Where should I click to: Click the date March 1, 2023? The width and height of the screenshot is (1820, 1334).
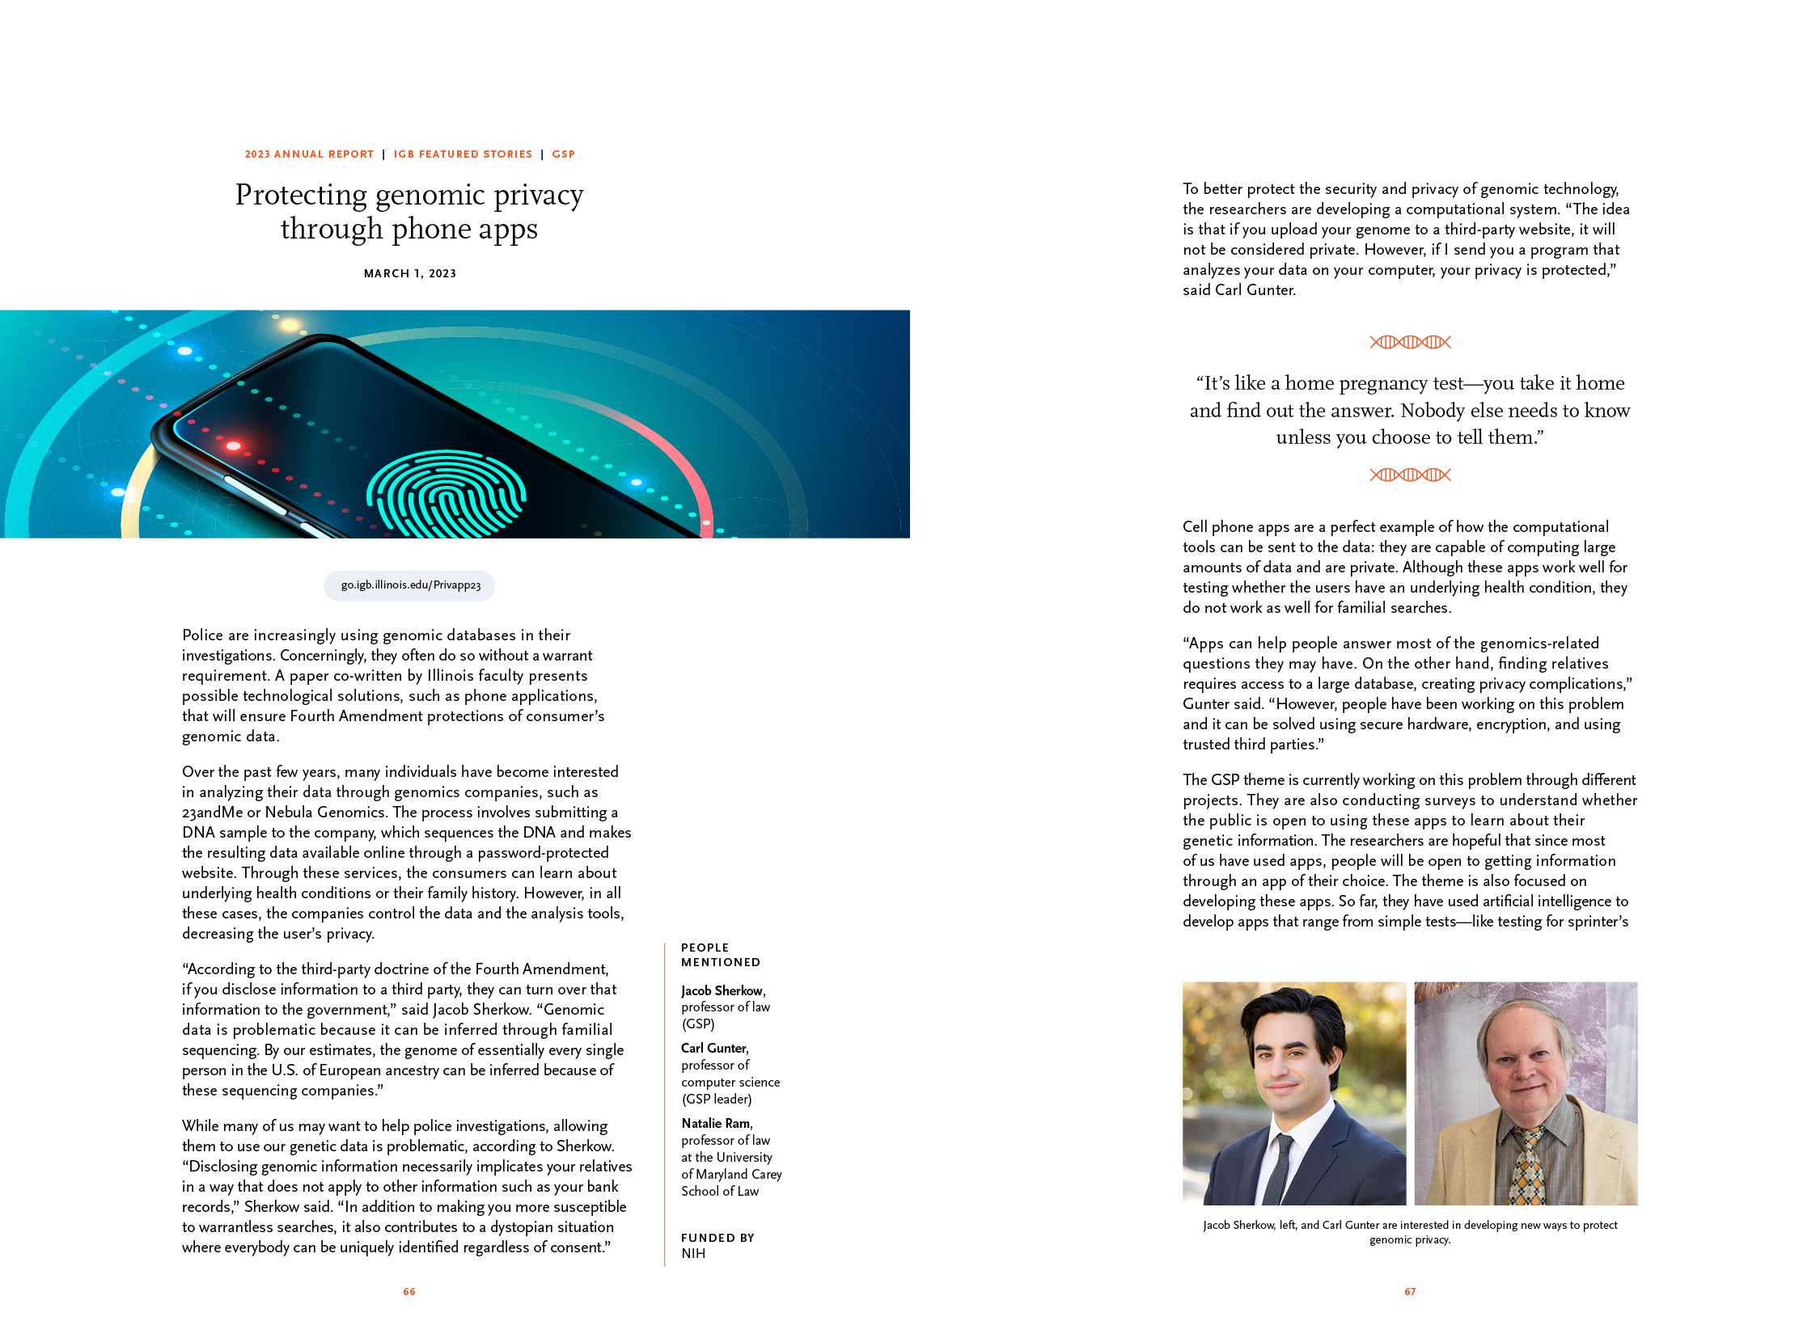click(x=410, y=273)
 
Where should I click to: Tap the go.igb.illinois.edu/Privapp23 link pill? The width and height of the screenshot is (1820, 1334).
click(x=410, y=585)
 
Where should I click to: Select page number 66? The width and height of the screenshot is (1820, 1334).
click(x=409, y=1292)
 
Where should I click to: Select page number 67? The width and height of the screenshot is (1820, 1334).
click(x=1410, y=1292)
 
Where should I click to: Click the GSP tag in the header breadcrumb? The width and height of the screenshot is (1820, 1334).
click(x=563, y=154)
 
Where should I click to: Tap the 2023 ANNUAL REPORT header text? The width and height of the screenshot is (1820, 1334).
click(x=309, y=154)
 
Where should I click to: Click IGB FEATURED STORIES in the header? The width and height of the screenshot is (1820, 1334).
click(x=463, y=154)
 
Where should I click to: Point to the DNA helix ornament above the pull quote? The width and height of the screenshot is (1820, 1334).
click(x=1410, y=342)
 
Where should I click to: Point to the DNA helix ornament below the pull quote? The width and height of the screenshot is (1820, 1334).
click(x=1410, y=475)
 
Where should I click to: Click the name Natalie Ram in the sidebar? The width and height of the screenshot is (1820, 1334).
click(x=715, y=1123)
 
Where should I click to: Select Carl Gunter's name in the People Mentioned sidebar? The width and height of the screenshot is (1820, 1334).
click(x=713, y=1048)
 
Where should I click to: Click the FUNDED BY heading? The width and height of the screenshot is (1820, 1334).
click(x=717, y=1238)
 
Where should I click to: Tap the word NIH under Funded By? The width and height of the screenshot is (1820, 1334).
click(x=693, y=1253)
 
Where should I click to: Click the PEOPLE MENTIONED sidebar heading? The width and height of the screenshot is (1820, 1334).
click(x=720, y=955)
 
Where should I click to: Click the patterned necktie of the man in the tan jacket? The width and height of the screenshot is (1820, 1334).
click(x=1526, y=1168)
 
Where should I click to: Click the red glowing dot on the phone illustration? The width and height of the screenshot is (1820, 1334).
click(x=234, y=445)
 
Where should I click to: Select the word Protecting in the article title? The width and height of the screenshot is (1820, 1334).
click(x=301, y=195)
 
